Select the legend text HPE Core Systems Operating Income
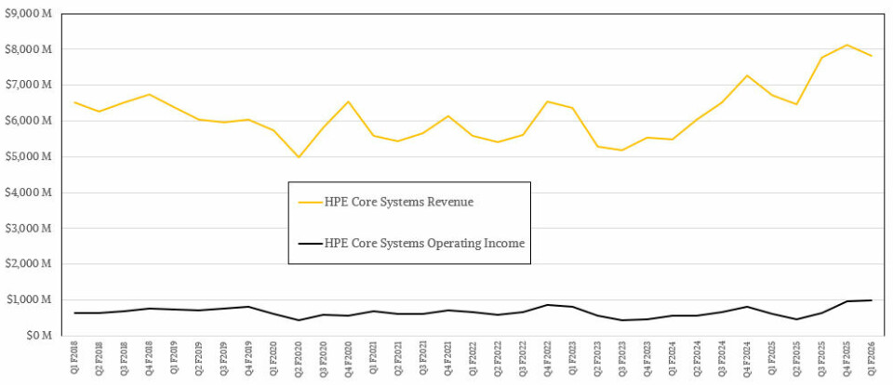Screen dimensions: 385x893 424,244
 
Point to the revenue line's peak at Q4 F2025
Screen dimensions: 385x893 846,45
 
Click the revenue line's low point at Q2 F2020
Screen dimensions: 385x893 299,157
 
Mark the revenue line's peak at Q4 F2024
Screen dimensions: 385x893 747,75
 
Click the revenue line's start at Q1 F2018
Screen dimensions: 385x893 75,102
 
